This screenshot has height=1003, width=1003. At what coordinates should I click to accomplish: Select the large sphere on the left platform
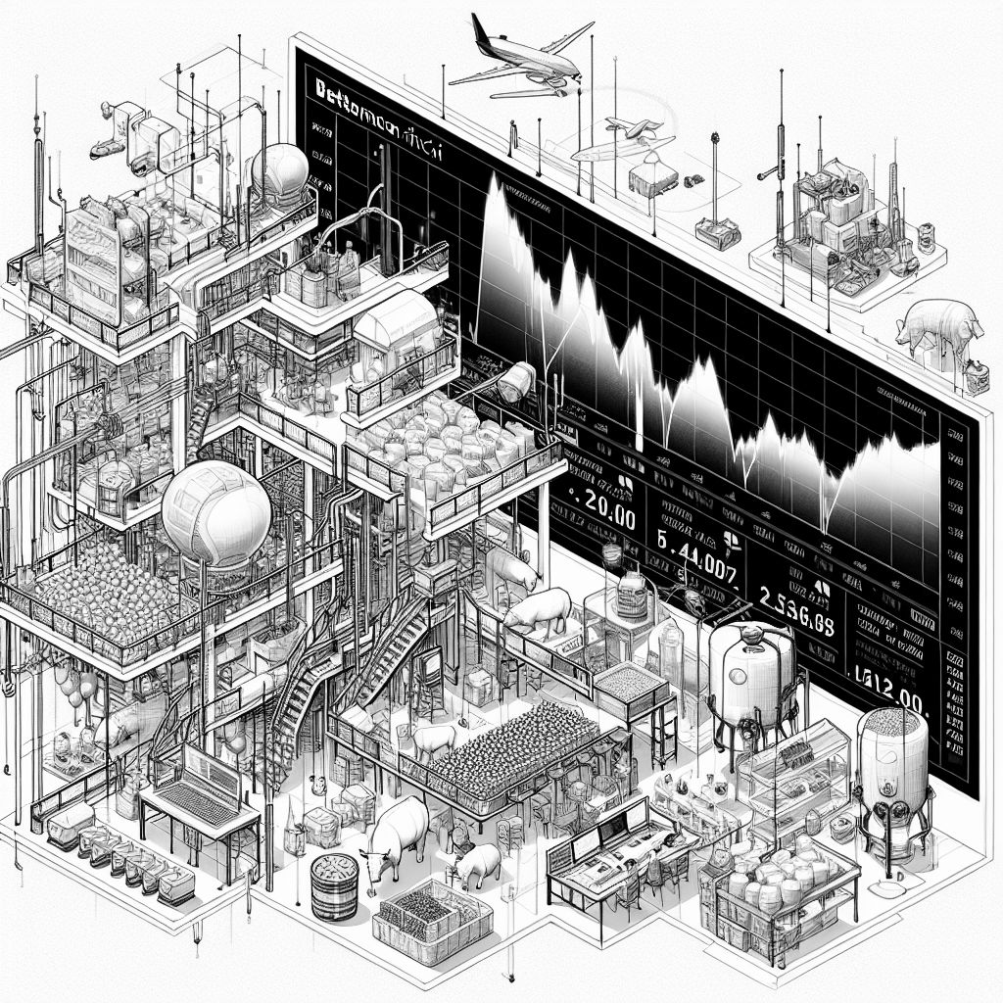215,516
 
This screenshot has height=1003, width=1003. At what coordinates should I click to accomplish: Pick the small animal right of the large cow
478,864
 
